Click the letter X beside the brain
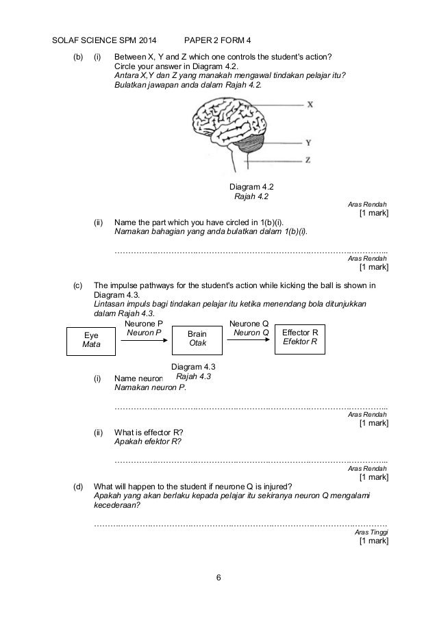point(310,105)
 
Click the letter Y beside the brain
point(310,143)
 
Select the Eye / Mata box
point(91,340)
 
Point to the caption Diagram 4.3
point(194,367)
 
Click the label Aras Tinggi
point(371,532)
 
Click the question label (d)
point(79,487)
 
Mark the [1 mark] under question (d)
point(373,541)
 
